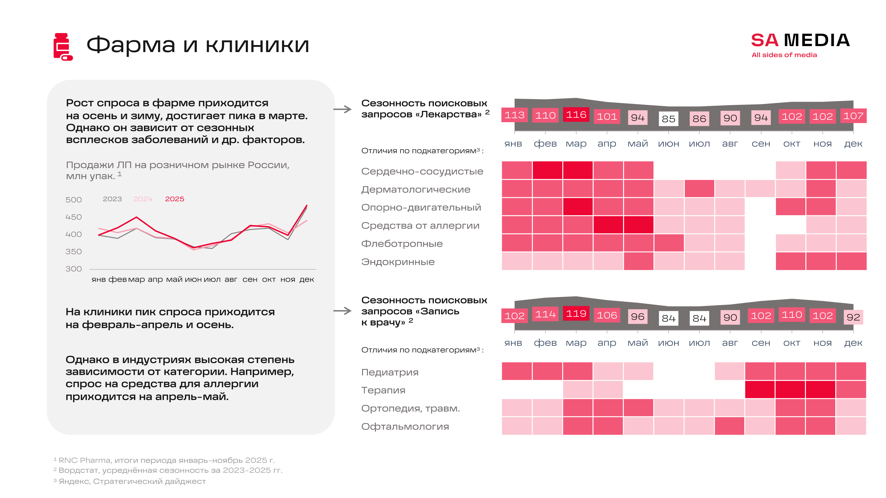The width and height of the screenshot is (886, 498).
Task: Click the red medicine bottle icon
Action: tap(63, 47)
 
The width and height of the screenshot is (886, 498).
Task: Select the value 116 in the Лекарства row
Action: tap(576, 115)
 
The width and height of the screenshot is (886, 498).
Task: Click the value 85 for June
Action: tap(668, 119)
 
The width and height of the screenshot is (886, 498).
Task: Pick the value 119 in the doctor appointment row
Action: tap(576, 313)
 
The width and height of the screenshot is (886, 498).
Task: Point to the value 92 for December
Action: tap(853, 317)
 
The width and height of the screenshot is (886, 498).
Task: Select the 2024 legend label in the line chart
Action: tap(143, 199)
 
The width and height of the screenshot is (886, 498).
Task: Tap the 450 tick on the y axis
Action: tap(74, 217)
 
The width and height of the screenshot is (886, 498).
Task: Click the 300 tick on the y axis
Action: tap(74, 269)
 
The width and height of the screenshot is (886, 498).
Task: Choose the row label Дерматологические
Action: tap(415, 189)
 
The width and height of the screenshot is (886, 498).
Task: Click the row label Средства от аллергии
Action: tap(420, 226)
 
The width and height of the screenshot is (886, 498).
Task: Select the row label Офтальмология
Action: tap(405, 427)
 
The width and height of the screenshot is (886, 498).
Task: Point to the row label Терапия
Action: tap(383, 390)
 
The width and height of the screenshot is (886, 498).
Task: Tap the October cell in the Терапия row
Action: tap(790, 389)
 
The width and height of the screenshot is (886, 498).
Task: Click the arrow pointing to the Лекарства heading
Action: tap(343, 109)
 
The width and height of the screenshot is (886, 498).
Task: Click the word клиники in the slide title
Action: tap(257, 45)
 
